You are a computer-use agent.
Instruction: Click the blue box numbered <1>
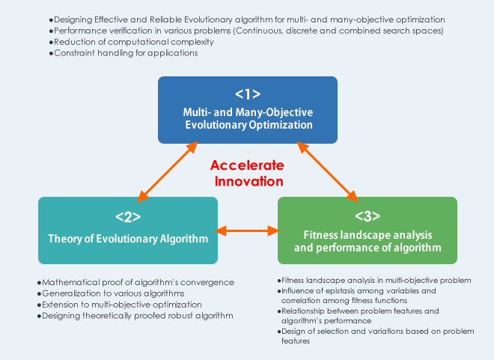point(248,110)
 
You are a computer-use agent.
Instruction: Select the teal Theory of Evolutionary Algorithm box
point(128,231)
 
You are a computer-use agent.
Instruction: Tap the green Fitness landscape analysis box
point(368,231)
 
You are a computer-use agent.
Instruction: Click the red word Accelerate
point(247,165)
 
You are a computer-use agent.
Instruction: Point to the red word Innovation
point(249,181)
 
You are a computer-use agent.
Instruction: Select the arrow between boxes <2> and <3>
point(248,231)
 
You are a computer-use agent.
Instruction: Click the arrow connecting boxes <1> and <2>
point(168,171)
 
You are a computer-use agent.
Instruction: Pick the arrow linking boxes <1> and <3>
point(328,171)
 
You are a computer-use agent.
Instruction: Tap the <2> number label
point(128,217)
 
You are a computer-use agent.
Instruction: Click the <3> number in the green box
point(368,216)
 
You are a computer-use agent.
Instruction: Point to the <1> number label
point(248,94)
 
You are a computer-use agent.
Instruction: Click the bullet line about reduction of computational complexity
point(132,42)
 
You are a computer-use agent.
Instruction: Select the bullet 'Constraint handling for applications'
point(124,53)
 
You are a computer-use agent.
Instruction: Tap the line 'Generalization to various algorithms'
point(111,293)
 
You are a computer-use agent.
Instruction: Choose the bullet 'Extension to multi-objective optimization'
point(120,305)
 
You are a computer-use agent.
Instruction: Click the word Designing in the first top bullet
point(73,20)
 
